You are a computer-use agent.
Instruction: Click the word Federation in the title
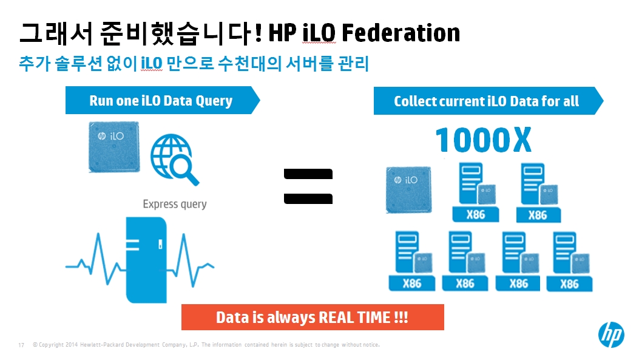(401, 33)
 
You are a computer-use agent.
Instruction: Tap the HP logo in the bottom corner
(611, 335)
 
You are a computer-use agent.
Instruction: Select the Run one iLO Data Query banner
(162, 100)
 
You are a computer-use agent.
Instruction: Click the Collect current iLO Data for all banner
(488, 101)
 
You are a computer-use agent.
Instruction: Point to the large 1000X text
(483, 140)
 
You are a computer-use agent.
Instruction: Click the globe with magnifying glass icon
(174, 160)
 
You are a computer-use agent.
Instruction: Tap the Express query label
(174, 204)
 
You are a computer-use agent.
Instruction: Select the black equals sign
(308, 186)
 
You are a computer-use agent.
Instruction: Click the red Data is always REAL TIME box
(313, 317)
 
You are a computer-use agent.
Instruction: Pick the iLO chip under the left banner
(114, 147)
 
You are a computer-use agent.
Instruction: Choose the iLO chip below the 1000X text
(408, 189)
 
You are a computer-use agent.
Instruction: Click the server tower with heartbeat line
(146, 260)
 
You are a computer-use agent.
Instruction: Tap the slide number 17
(21, 345)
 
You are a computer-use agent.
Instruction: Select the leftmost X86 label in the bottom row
(412, 284)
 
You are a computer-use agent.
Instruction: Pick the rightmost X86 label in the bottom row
(569, 284)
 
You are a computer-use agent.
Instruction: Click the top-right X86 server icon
(539, 192)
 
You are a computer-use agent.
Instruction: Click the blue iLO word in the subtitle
(152, 64)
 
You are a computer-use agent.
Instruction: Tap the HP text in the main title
(282, 33)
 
